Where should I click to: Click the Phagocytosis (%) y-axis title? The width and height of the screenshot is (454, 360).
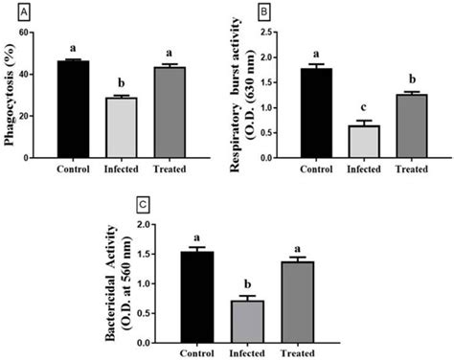coord(11,96)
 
